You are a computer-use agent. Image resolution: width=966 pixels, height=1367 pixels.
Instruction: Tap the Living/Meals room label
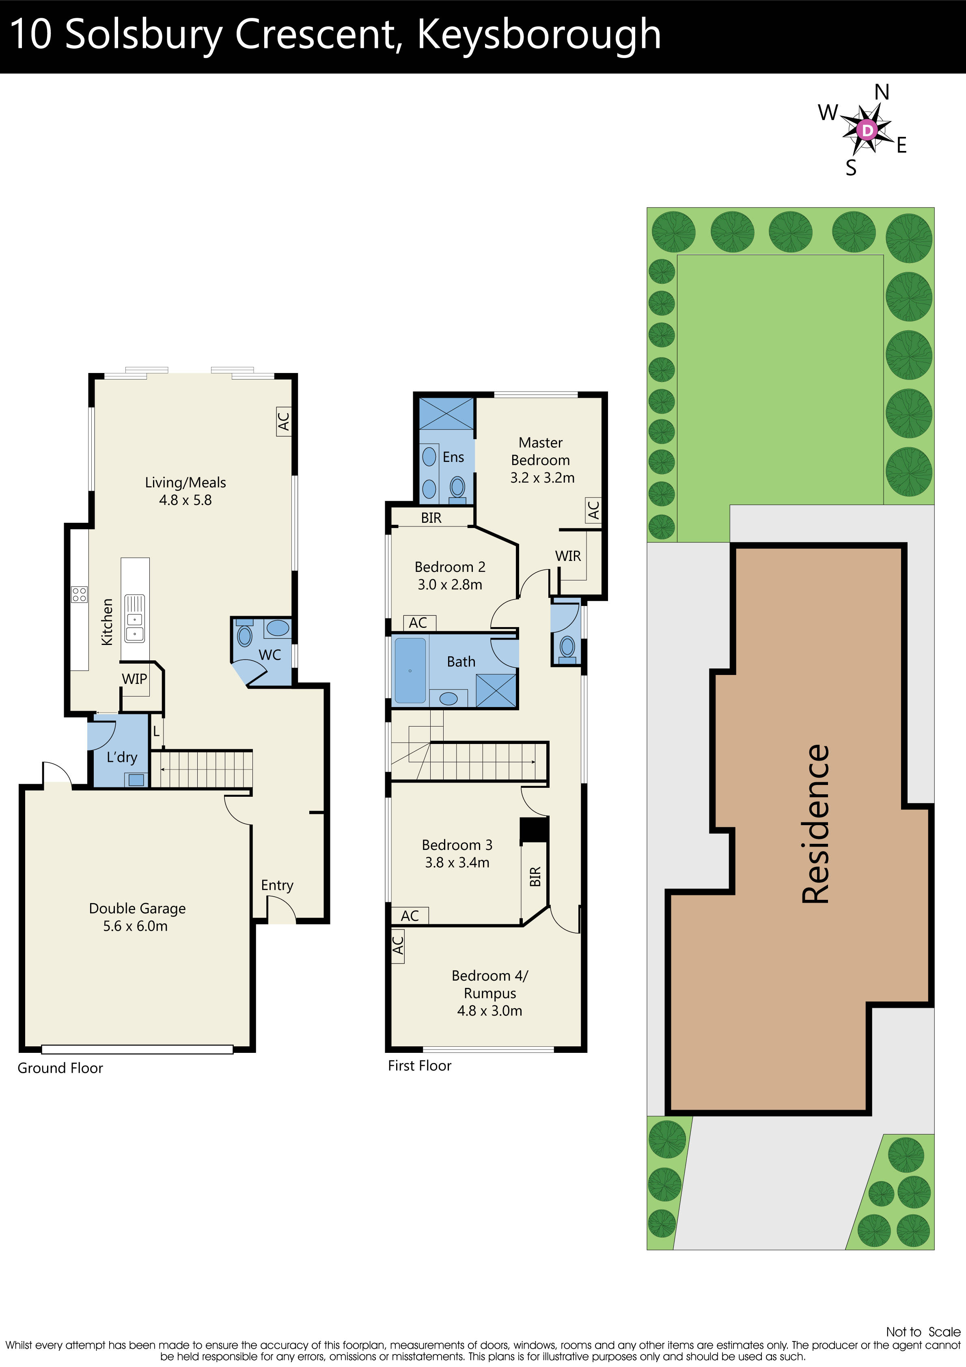[x=185, y=482]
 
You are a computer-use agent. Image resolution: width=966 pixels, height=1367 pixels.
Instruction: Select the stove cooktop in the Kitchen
[x=79, y=594]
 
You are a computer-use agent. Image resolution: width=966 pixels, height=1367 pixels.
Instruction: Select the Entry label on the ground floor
[x=277, y=885]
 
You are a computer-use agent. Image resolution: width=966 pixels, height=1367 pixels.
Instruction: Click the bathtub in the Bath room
[x=410, y=671]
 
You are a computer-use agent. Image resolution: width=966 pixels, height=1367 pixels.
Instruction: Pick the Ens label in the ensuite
[x=453, y=457]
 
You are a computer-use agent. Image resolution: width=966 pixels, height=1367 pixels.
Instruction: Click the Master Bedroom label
[x=541, y=451]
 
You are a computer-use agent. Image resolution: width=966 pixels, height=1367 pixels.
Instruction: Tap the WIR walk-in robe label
[x=567, y=556]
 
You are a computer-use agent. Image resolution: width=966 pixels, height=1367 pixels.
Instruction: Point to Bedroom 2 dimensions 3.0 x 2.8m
[x=450, y=584]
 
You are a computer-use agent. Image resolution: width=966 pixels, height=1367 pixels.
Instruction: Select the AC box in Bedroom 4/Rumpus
[x=398, y=945]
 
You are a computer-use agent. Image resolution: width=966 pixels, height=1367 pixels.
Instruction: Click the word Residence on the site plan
[x=815, y=825]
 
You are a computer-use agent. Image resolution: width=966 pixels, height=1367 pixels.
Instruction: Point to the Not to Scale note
[x=923, y=1332]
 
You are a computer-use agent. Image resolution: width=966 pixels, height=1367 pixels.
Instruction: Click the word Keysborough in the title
[x=539, y=34]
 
